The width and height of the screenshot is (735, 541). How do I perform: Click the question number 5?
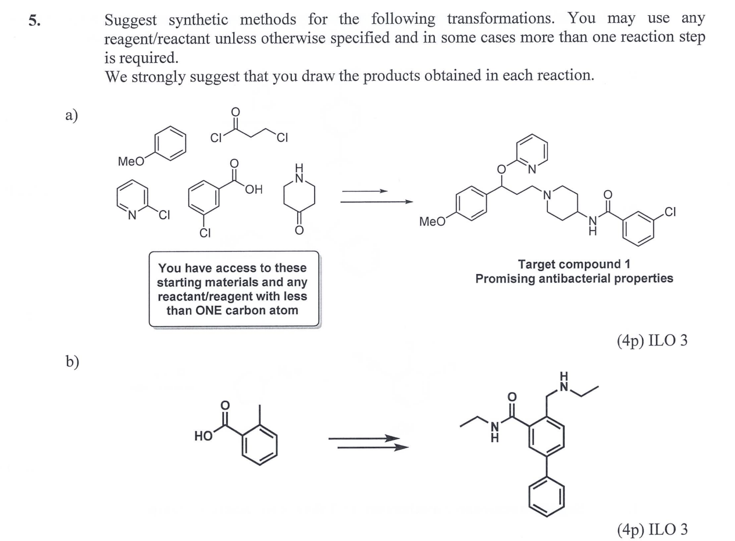(34, 20)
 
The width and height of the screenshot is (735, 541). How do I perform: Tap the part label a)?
(71, 115)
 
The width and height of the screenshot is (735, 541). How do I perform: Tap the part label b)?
(71, 361)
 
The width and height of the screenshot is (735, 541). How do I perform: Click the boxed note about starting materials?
(234, 289)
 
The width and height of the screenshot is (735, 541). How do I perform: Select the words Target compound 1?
(574, 264)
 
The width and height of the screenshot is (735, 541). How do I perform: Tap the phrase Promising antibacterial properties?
(574, 278)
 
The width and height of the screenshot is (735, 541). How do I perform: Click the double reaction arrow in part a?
(375, 197)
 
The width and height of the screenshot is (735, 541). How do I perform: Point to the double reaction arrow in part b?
(367, 443)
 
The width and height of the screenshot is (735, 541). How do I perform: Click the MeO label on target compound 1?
(431, 222)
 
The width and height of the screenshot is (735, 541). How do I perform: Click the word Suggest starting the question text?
(131, 19)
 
